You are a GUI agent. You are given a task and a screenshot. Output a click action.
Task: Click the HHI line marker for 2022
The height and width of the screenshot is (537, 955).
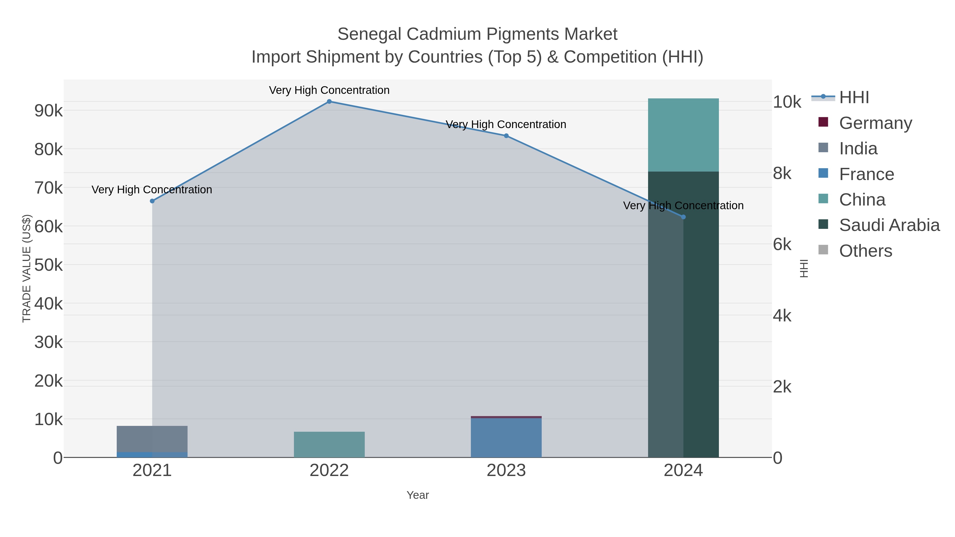329,102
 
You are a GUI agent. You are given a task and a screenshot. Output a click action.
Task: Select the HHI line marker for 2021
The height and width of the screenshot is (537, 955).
152,201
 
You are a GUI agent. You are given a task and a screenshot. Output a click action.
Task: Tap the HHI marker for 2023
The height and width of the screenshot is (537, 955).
506,136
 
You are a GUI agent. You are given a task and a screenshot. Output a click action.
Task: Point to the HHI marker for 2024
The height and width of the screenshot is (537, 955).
683,217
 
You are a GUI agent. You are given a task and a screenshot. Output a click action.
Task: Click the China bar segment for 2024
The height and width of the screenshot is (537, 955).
683,135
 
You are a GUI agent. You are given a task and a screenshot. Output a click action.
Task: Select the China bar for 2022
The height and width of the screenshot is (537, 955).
329,444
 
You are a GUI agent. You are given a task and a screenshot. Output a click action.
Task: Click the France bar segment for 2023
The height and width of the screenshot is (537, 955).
506,437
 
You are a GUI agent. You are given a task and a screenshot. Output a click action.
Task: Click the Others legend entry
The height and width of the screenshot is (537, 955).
865,251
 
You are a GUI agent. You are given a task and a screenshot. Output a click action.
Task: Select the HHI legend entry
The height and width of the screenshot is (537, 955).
854,98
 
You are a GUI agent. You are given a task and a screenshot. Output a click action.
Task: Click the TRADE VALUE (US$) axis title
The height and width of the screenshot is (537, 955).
27,268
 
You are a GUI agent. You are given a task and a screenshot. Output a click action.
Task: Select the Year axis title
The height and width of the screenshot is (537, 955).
418,495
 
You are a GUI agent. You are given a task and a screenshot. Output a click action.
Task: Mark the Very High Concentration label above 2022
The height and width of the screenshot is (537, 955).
329,90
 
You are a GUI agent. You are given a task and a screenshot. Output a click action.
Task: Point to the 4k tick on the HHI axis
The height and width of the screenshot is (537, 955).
782,316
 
